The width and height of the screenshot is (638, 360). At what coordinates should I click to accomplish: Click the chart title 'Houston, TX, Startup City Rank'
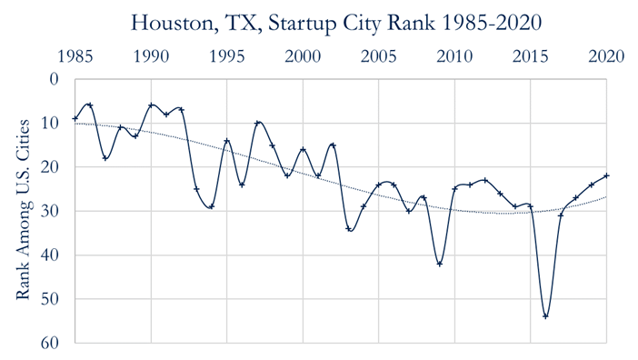tap(318, 20)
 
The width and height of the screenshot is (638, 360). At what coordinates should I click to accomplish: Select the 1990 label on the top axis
tap(151, 56)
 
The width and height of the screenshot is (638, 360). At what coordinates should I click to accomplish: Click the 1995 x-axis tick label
tap(227, 56)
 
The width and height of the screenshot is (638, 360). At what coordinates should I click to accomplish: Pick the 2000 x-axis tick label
tap(303, 56)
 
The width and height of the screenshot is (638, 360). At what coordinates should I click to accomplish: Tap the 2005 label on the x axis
tap(379, 56)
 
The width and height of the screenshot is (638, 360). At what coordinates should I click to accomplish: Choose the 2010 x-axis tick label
tap(454, 56)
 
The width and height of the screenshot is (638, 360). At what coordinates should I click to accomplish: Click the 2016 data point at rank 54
tap(546, 316)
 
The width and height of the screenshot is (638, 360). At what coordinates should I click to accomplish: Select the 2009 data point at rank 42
tap(440, 264)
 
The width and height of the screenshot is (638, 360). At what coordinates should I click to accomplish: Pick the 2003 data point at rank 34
tap(349, 228)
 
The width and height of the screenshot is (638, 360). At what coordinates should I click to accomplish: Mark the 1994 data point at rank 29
tap(212, 206)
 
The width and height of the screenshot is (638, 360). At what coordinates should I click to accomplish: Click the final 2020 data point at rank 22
tap(606, 175)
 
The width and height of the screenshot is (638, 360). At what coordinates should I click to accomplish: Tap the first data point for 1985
tap(75, 118)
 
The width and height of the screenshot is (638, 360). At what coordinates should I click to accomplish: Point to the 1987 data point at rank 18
tap(105, 158)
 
